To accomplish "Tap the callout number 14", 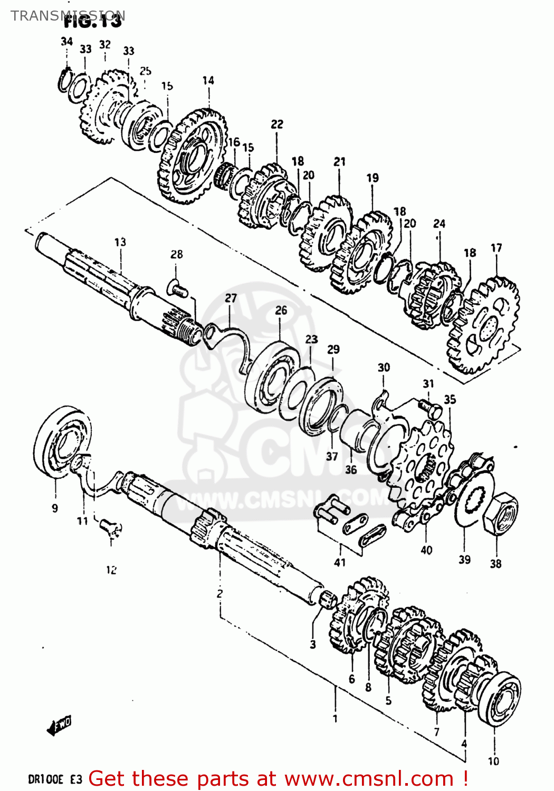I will click(x=208, y=81).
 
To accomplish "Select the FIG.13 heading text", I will click(x=93, y=22).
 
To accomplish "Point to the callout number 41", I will click(x=340, y=563).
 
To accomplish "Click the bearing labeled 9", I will click(x=62, y=441).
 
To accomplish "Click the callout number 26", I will click(x=281, y=310).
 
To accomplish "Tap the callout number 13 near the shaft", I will click(x=120, y=242).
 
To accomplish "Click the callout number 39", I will click(x=464, y=560).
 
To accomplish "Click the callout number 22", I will click(x=277, y=124).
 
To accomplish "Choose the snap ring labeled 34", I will click(x=64, y=79).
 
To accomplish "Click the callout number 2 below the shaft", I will click(x=219, y=593).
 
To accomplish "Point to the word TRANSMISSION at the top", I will click(x=68, y=15).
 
